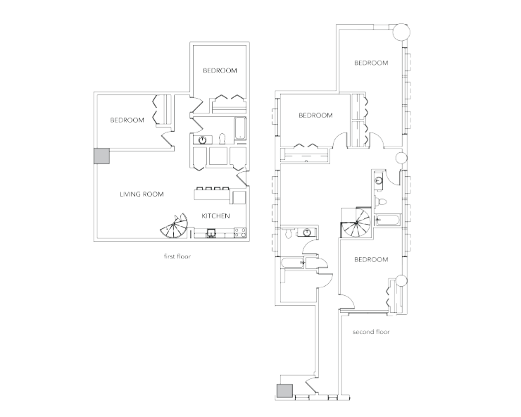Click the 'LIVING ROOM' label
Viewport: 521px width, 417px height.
coord(142,194)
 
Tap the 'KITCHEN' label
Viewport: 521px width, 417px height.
coord(215,216)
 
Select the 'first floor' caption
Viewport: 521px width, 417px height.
coord(177,257)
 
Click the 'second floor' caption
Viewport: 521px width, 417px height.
coord(370,331)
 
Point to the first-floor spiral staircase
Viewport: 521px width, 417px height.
coord(175,228)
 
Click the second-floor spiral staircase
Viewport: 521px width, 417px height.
coord(356,223)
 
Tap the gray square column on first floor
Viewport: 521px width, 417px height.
coord(101,156)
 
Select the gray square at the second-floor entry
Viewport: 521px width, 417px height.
coord(284,391)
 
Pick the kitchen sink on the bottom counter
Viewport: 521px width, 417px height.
coord(211,234)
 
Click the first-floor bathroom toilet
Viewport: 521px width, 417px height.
coord(221,138)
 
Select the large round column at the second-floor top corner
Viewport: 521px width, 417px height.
coord(401,32)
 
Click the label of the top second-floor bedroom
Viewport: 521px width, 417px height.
coord(370,63)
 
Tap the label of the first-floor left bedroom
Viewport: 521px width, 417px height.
coord(127,120)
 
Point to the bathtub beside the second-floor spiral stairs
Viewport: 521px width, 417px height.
coord(387,220)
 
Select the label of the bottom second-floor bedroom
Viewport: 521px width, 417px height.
coord(370,260)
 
